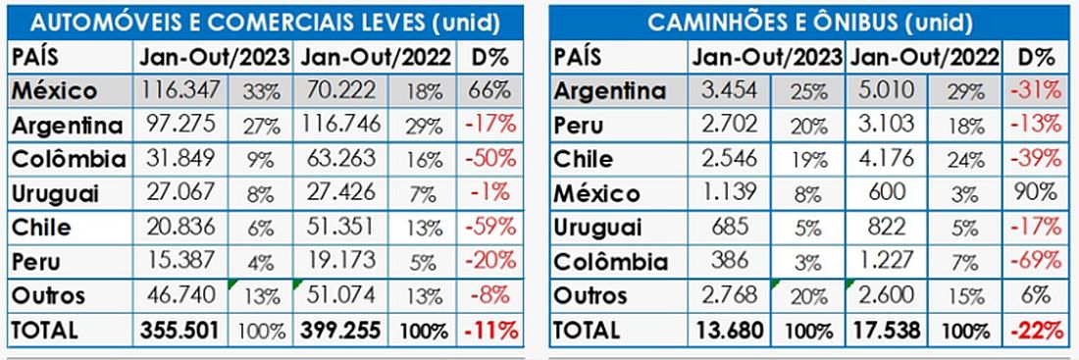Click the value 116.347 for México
click(181, 89)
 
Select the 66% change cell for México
click(491, 90)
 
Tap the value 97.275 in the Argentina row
click(181, 124)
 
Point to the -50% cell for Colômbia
click(489, 158)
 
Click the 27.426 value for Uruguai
click(339, 192)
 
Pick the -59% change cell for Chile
click(489, 226)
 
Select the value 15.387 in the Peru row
click(181, 260)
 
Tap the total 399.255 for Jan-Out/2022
click(340, 330)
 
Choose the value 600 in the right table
click(887, 192)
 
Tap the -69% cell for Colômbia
click(1036, 260)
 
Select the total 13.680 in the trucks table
click(730, 330)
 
